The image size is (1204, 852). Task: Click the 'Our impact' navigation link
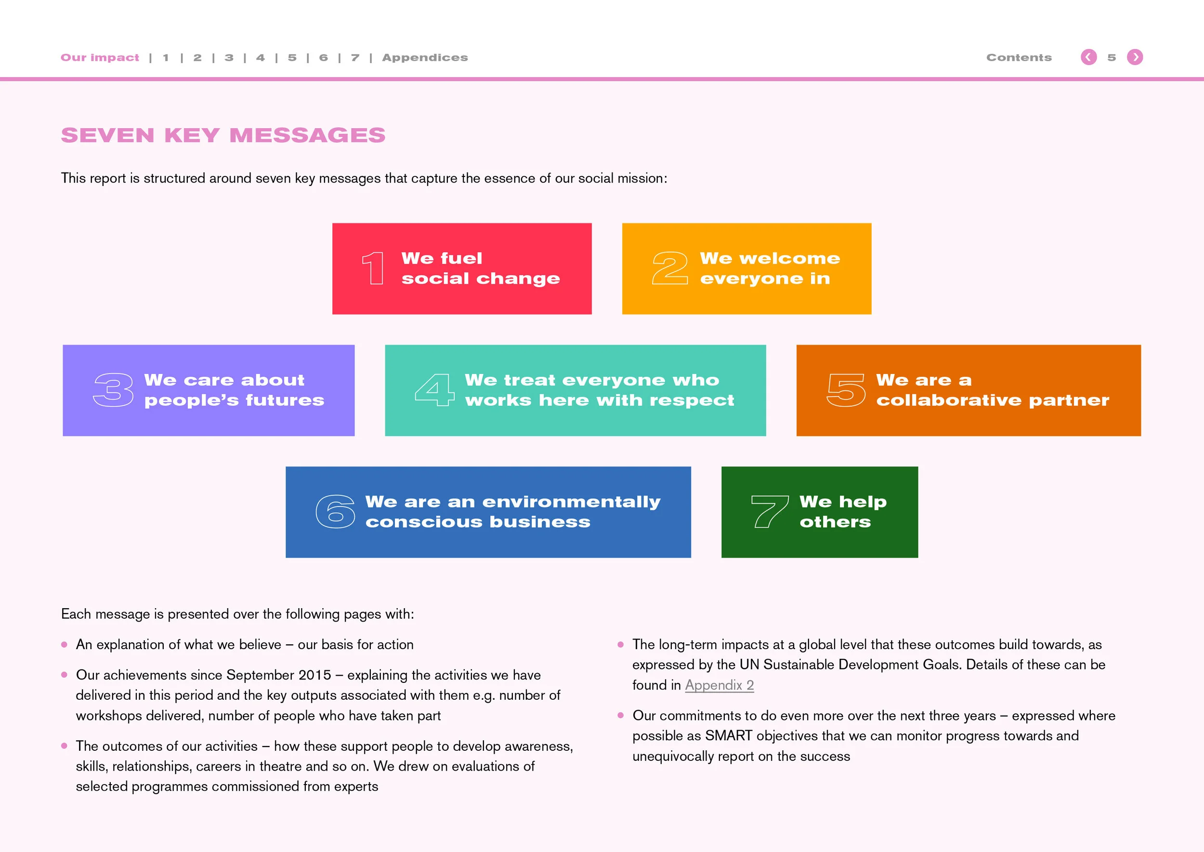pyautogui.click(x=100, y=58)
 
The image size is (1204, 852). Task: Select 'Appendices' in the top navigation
pyautogui.click(x=425, y=58)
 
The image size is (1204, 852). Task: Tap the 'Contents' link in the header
pyautogui.click(x=1019, y=58)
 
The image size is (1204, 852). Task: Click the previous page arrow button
pyautogui.click(x=1088, y=57)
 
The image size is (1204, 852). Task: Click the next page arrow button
pyautogui.click(x=1135, y=57)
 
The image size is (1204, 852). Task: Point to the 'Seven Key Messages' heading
pyautogui.click(x=223, y=135)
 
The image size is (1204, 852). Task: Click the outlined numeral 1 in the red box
pyautogui.click(x=373, y=268)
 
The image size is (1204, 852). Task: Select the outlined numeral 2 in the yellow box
pyautogui.click(x=669, y=268)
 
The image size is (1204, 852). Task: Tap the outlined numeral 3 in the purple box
pyautogui.click(x=113, y=390)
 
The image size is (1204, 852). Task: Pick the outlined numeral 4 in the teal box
pyautogui.click(x=434, y=390)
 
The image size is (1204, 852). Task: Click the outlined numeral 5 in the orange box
pyautogui.click(x=846, y=390)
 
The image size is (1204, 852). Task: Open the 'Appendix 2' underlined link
pyautogui.click(x=719, y=685)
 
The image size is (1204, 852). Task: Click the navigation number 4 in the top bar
pyautogui.click(x=261, y=58)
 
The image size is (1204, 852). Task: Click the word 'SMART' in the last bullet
pyautogui.click(x=728, y=736)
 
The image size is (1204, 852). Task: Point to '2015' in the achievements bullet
pyautogui.click(x=314, y=675)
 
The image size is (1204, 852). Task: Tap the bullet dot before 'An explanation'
pyautogui.click(x=65, y=645)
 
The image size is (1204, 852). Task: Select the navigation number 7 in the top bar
pyautogui.click(x=355, y=58)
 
